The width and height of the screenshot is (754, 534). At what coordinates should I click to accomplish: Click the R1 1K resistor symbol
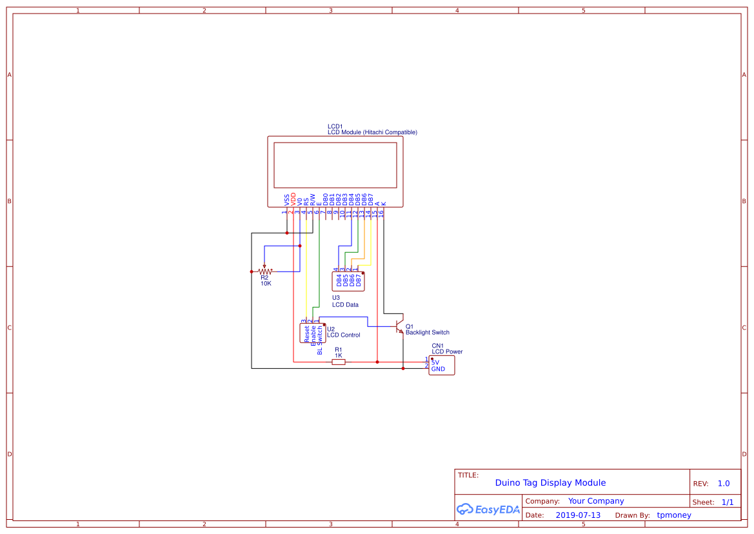(x=338, y=362)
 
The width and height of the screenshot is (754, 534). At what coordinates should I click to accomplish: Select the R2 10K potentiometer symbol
(x=264, y=272)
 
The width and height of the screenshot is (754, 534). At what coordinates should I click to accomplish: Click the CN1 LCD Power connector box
(x=441, y=365)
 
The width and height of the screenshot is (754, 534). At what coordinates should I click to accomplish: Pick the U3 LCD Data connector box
(x=348, y=281)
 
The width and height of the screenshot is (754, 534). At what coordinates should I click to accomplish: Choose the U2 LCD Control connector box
(x=313, y=333)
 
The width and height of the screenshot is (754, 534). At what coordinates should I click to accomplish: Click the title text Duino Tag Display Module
(x=550, y=482)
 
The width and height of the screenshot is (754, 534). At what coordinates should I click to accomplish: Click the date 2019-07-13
(x=578, y=515)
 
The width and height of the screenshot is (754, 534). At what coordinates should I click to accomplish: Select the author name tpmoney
(x=673, y=515)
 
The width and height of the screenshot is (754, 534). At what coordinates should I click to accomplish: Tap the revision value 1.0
(x=724, y=483)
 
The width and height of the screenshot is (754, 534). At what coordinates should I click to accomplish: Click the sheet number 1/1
(x=727, y=502)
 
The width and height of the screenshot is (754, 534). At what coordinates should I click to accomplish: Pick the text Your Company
(x=596, y=501)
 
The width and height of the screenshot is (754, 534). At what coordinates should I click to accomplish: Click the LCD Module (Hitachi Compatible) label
(x=372, y=132)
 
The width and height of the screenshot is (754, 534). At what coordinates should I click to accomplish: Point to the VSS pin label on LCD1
(x=287, y=199)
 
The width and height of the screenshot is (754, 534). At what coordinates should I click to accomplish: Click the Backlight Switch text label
(x=427, y=333)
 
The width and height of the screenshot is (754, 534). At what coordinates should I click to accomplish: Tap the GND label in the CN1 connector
(x=439, y=369)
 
